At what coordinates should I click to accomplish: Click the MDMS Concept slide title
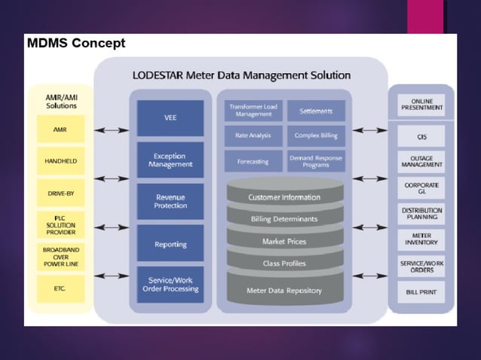point(76,43)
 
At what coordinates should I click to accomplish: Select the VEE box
point(170,118)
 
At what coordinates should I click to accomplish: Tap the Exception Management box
point(170,160)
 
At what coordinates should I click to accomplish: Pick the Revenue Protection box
point(170,201)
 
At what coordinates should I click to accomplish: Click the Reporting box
point(170,244)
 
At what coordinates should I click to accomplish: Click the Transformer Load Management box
point(253,111)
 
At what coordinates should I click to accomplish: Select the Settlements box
point(316,111)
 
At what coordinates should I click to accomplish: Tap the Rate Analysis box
point(253,136)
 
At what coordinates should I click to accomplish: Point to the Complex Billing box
point(316,136)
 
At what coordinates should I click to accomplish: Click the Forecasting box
point(253,161)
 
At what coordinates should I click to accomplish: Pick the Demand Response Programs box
point(316,161)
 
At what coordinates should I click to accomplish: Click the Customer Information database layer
point(284,197)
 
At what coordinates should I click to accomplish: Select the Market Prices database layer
point(284,242)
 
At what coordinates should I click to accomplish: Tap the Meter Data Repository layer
point(284,290)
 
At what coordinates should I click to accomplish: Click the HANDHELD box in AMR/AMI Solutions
point(61,161)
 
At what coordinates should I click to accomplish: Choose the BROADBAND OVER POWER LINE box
point(61,256)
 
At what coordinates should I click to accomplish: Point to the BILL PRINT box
point(421,291)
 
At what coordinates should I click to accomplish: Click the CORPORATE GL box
point(421,187)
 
